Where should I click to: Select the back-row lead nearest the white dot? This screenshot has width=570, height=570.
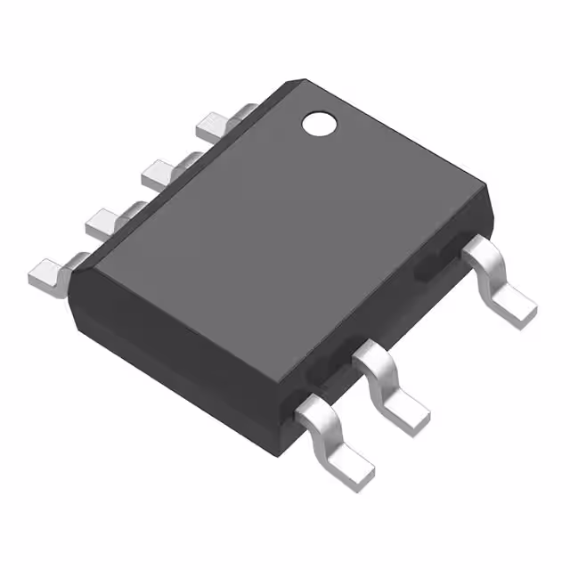pyautogui.click(x=214, y=127)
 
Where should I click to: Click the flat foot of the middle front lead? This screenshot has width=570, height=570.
pyautogui.click(x=408, y=411)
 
